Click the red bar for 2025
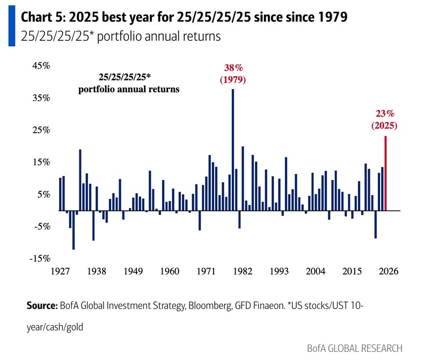pyautogui.click(x=385, y=173)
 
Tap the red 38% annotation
pyautogui.click(x=232, y=68)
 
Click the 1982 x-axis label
pyautogui.click(x=243, y=272)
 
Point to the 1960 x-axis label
pyautogui.click(x=169, y=272)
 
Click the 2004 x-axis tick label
pyautogui.click(x=316, y=272)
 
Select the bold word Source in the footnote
pyautogui.click(x=41, y=306)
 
